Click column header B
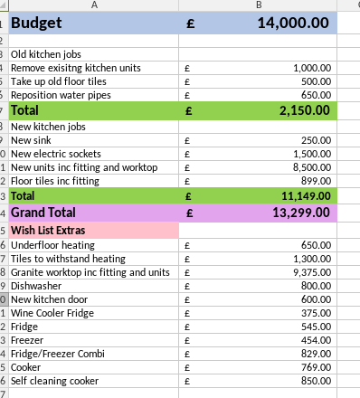coord(259,5)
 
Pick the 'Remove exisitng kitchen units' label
coord(76,68)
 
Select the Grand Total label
coord(44,212)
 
